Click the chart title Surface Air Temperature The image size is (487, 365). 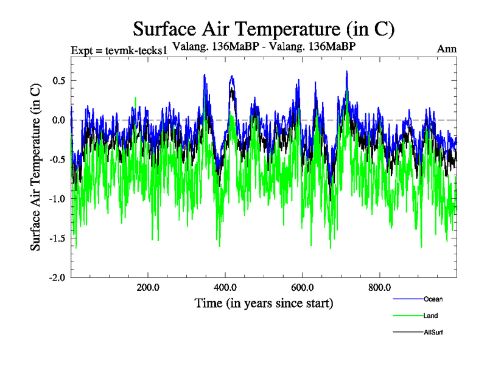coord(264,29)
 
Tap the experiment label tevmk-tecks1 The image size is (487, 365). coord(119,50)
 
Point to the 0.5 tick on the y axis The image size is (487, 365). coord(59,80)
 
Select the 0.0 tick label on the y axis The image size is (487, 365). coord(59,120)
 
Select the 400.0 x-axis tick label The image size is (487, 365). coord(226,287)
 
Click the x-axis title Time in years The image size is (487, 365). coord(264,302)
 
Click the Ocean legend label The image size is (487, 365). coord(433,299)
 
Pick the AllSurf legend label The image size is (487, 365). coord(433,332)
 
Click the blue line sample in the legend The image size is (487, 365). coord(408,299)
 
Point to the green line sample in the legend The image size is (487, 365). coord(408,316)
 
